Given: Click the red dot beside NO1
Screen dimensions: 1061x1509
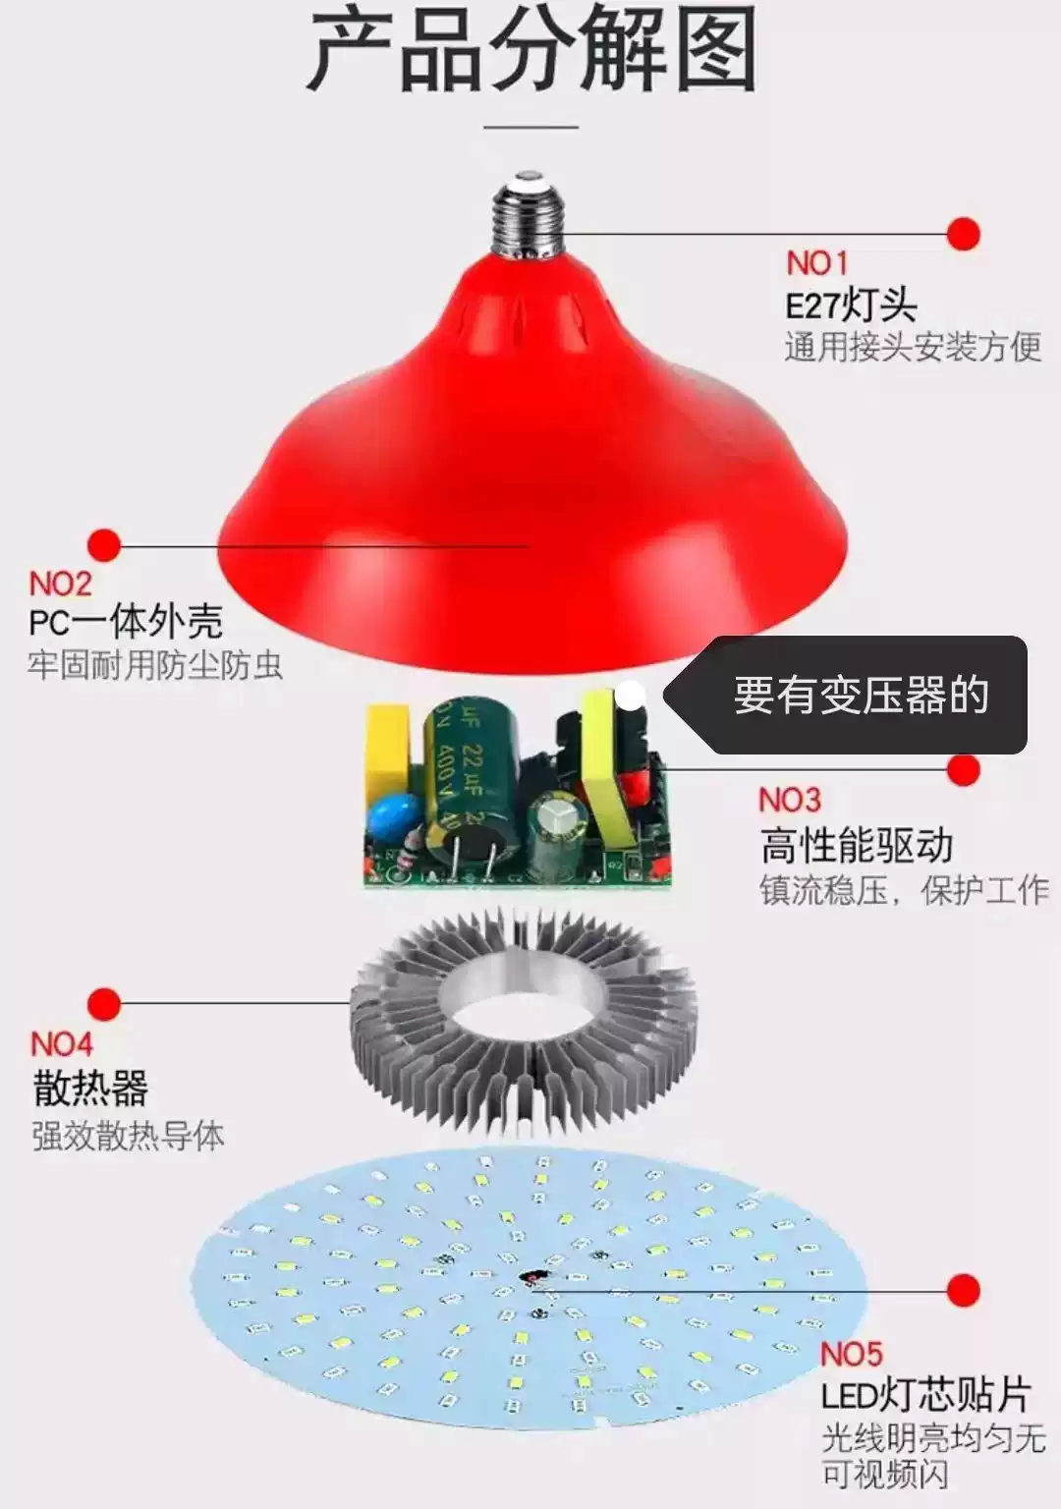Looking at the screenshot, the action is point(964,235).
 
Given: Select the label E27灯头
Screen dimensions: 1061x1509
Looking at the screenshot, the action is point(851,306).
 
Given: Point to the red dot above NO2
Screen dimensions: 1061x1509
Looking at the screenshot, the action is point(103,545).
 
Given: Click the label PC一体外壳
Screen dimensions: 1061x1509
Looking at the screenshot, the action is point(126,622).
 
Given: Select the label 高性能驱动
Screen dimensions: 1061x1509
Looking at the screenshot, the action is point(857,845).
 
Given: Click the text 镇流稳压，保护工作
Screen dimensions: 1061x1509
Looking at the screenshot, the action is point(904,891).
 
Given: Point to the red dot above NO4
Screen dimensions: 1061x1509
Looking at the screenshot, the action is point(103,1004).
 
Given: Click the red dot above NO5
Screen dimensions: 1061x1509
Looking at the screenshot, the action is point(964,1290).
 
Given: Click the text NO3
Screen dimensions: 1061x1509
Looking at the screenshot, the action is point(789,801).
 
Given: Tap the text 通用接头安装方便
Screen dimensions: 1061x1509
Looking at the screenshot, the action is point(913,347).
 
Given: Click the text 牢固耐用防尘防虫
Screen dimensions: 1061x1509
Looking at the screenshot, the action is point(155,666).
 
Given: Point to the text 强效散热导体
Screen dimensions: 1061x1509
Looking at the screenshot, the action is point(128,1136).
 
